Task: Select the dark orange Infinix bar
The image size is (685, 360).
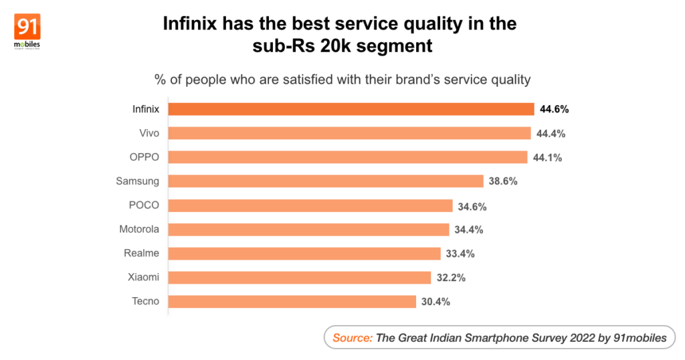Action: point(351,109)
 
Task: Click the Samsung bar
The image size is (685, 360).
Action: point(325,181)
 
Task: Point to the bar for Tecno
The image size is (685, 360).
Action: point(292,301)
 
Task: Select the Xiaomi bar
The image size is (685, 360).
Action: point(299,277)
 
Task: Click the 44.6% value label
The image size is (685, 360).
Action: point(554,109)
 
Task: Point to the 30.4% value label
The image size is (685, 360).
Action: point(435,301)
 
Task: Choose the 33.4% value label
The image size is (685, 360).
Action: point(460,254)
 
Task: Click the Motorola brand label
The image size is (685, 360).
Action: point(139,230)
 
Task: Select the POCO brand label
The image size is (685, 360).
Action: point(144,205)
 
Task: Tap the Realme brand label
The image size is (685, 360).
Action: point(142,254)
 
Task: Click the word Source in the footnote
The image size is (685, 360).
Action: point(353,338)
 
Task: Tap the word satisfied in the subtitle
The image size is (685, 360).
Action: point(312,80)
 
